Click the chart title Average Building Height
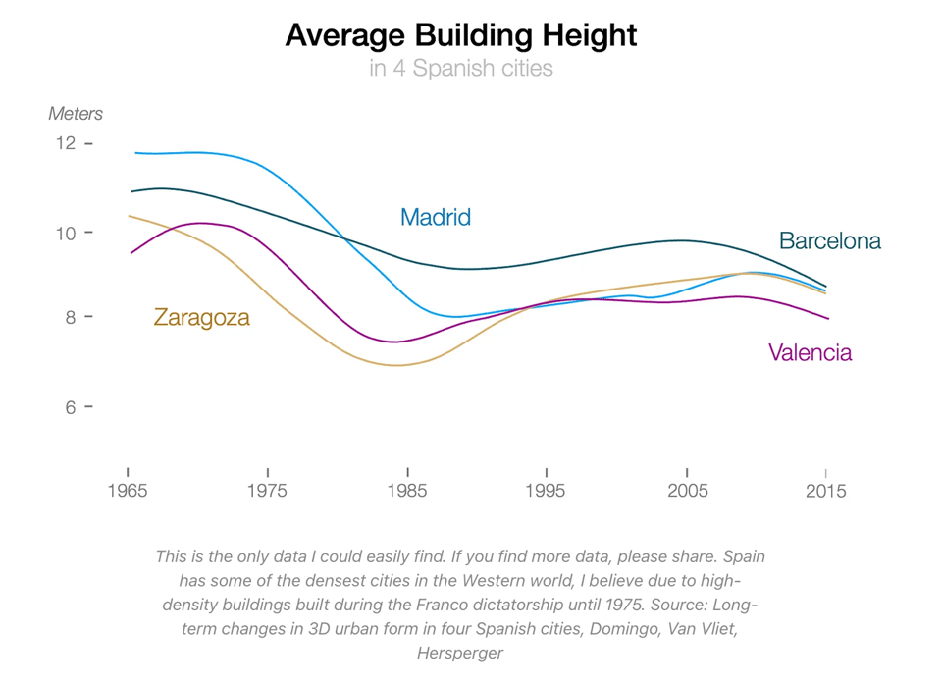coord(460,36)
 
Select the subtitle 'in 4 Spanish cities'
coord(460,69)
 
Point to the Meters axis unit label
coord(76,114)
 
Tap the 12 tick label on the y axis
coord(66,143)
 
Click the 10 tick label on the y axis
coord(66,233)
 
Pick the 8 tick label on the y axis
coord(71,317)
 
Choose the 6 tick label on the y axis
coord(71,407)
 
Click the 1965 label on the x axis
coord(128,492)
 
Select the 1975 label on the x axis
coord(267,492)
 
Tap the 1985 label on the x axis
coord(406,492)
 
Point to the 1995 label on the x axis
coord(546,492)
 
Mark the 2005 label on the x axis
coord(686,492)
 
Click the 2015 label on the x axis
coord(825,492)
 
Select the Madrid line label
coord(436,218)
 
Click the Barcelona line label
coord(830,241)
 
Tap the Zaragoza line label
coord(202,318)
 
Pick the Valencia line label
coord(811,353)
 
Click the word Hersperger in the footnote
coord(459,652)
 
